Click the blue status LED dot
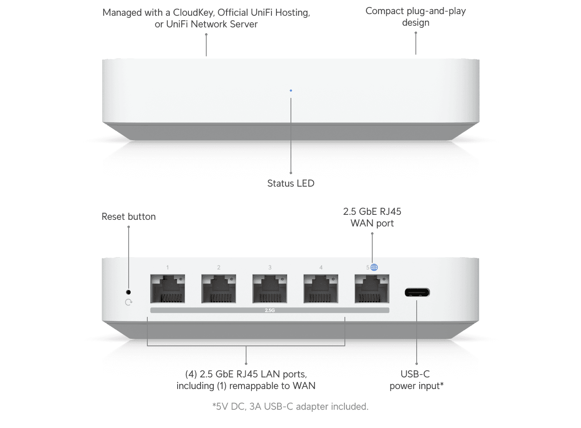click(291, 90)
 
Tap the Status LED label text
click(290, 183)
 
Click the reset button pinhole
click(128, 292)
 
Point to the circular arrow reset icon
click(129, 302)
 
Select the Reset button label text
click(129, 216)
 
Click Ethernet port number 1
click(168, 289)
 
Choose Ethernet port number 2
click(219, 289)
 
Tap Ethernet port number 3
click(270, 289)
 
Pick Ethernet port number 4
click(321, 289)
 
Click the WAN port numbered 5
click(372, 289)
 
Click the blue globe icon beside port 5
click(374, 267)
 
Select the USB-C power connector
click(417, 293)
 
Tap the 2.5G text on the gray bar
click(270, 310)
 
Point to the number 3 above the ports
click(270, 267)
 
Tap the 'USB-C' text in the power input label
click(415, 374)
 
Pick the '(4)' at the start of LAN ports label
click(191, 374)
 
